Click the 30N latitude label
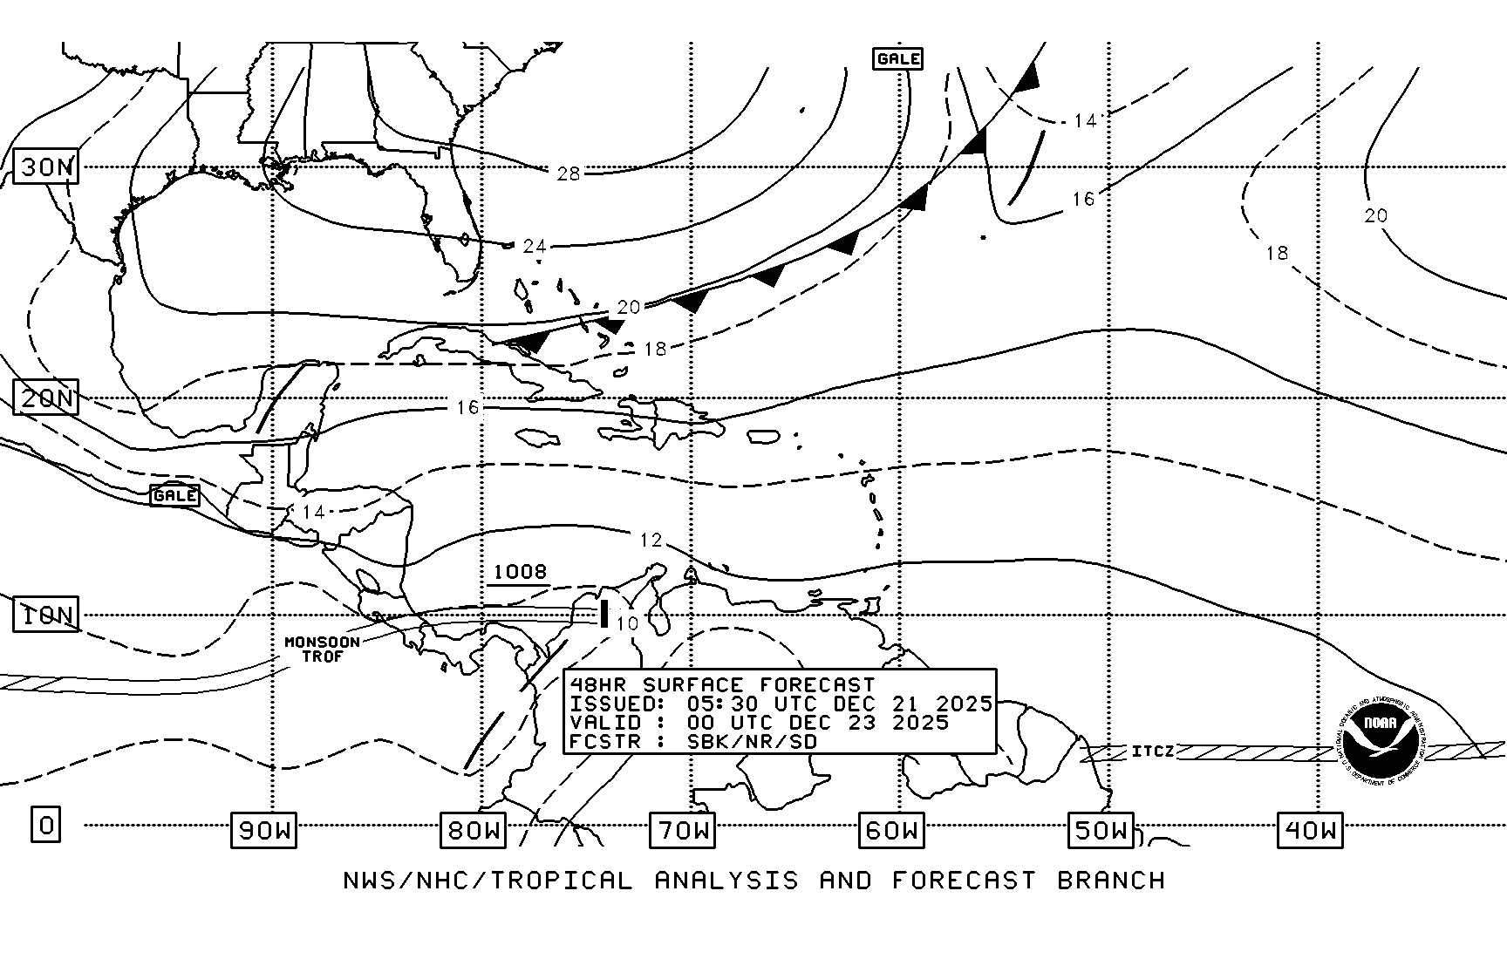point(46,167)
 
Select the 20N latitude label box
point(46,398)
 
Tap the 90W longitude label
point(263,830)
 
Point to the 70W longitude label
point(682,830)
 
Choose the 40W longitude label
point(1310,830)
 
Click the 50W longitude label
point(1101,830)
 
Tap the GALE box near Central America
point(174,495)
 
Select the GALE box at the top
point(897,58)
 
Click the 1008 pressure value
point(520,572)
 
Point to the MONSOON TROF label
point(322,649)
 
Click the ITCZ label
point(1153,751)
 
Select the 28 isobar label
point(569,173)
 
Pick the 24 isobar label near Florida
point(535,247)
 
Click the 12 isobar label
point(651,541)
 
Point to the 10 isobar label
point(627,623)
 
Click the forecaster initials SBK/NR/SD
point(753,742)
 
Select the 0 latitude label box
point(46,824)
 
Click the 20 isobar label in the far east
point(1375,215)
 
